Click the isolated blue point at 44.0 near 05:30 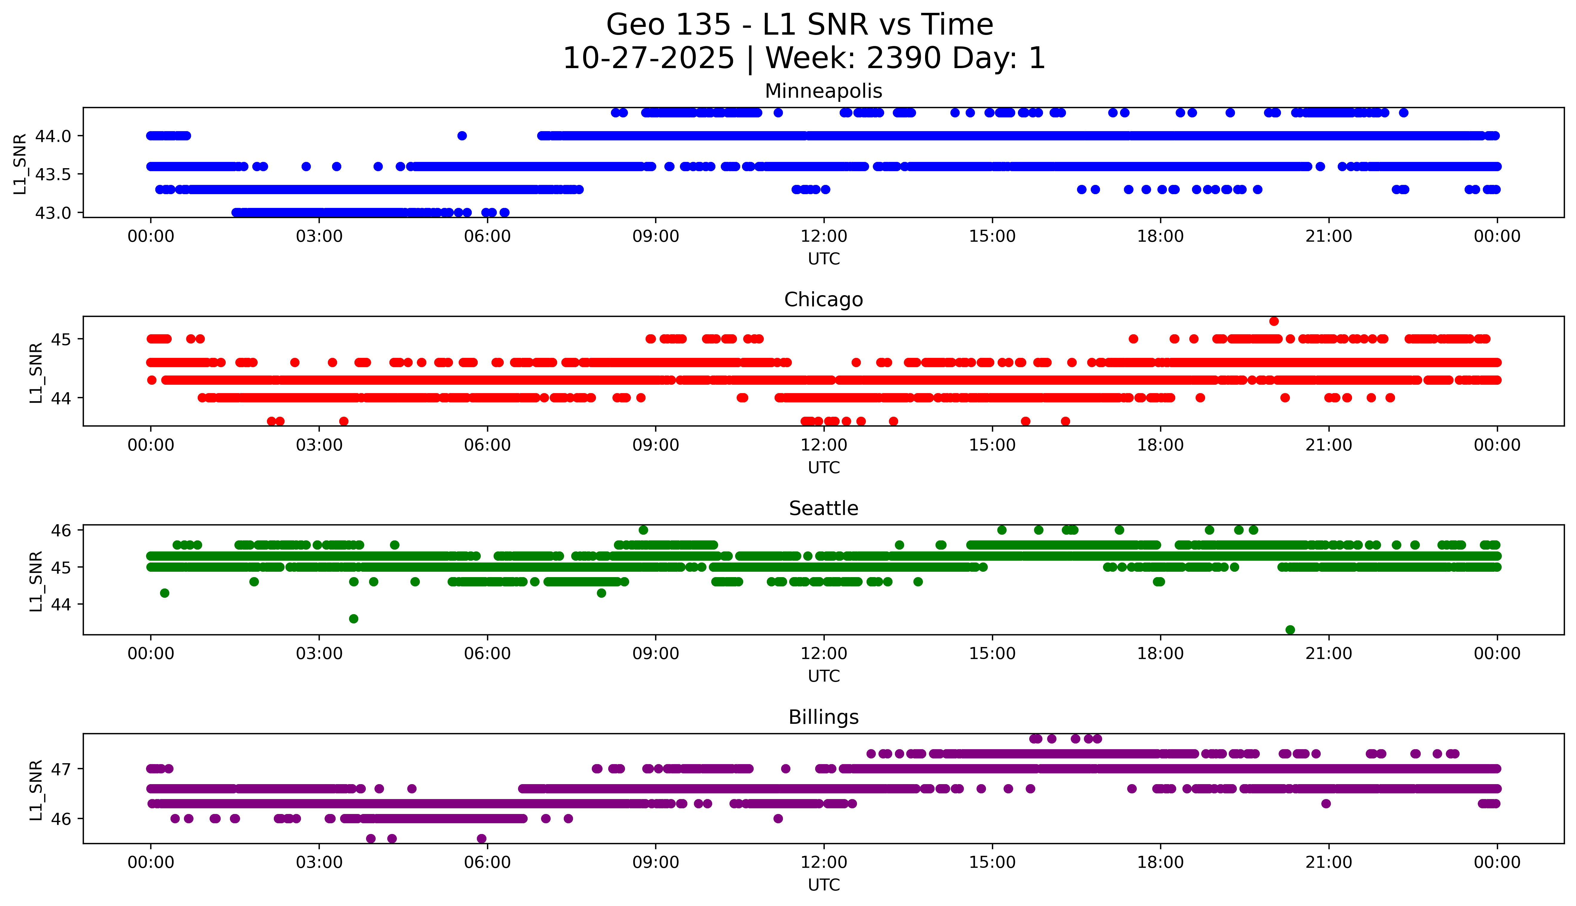pyautogui.click(x=461, y=136)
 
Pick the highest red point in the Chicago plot pyautogui.click(x=1274, y=321)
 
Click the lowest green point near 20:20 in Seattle pyautogui.click(x=1290, y=630)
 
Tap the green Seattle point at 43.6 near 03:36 pyautogui.click(x=353, y=619)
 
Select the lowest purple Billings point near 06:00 pyautogui.click(x=481, y=839)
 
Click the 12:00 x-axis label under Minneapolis pyautogui.click(x=824, y=237)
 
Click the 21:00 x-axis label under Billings pyautogui.click(x=1328, y=862)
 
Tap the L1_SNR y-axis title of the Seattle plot pyautogui.click(x=36, y=581)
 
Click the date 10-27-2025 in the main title pyautogui.click(x=649, y=59)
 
